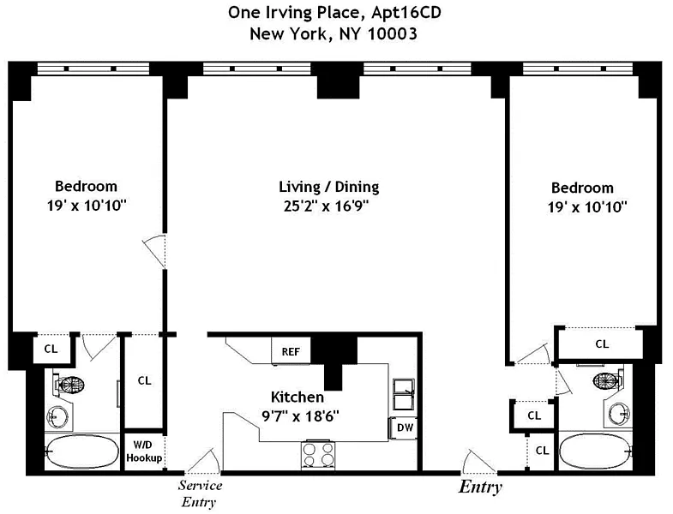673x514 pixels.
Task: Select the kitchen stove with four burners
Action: (x=319, y=454)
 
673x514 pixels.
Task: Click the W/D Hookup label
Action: (x=144, y=451)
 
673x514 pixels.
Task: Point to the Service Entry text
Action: (x=199, y=494)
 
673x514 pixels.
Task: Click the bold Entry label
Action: (x=480, y=487)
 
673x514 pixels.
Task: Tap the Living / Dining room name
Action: (x=328, y=187)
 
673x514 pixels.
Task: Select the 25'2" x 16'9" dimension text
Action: (x=328, y=206)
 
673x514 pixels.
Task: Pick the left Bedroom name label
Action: (x=86, y=186)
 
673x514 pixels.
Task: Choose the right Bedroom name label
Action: (x=582, y=188)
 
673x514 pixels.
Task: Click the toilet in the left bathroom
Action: (x=68, y=385)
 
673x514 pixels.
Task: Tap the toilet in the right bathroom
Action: (x=610, y=381)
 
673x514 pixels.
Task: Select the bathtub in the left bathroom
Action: (x=77, y=451)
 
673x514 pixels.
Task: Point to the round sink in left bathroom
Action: (x=58, y=418)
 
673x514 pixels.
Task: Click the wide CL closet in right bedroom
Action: (x=601, y=344)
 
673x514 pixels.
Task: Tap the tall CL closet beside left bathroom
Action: (x=144, y=381)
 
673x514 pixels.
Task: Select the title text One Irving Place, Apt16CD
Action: (x=335, y=12)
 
